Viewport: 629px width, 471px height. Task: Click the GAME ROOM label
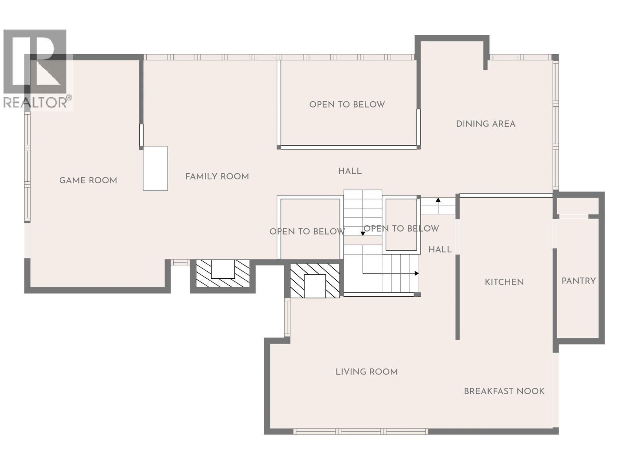(x=88, y=181)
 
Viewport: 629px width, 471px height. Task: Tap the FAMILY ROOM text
(x=217, y=177)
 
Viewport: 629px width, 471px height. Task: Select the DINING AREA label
(x=486, y=124)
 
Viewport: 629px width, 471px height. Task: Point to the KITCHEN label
(x=504, y=282)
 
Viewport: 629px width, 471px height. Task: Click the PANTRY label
(x=578, y=281)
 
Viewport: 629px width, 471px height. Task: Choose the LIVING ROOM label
(x=366, y=372)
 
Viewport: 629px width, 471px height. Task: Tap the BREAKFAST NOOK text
(x=504, y=391)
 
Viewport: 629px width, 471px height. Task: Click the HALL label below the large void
(x=349, y=171)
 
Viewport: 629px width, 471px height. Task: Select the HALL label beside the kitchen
(x=440, y=250)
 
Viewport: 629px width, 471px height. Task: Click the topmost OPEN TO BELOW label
(x=347, y=104)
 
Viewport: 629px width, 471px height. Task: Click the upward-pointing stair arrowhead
(x=438, y=200)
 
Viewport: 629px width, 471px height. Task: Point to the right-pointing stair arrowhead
(x=417, y=274)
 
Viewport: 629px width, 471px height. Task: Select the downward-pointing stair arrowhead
(x=363, y=234)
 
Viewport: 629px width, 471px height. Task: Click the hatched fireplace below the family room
(x=223, y=274)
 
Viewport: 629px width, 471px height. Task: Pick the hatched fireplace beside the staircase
(x=314, y=281)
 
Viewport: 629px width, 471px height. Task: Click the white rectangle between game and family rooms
(x=155, y=168)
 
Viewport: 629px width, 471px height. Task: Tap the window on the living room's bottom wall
(x=360, y=431)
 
